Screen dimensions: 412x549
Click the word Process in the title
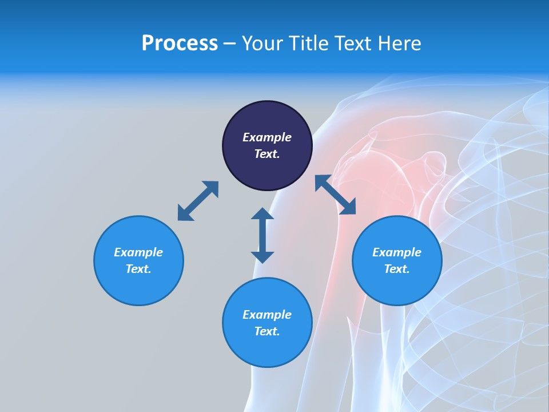180,43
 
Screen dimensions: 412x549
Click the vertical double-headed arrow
262,235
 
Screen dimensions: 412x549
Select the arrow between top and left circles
198,201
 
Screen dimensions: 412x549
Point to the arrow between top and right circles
335,195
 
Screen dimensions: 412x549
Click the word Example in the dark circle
267,137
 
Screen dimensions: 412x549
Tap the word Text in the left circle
138,269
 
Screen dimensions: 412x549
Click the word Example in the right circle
397,252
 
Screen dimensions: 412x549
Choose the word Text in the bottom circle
267,331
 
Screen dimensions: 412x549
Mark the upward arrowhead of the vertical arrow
262,214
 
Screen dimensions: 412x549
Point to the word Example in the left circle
138,252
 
